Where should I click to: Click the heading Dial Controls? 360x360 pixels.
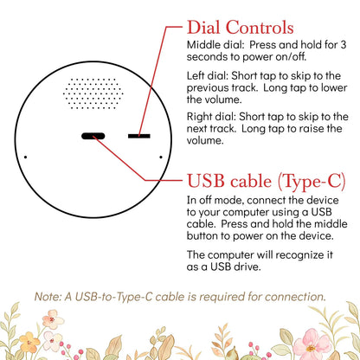(241, 28)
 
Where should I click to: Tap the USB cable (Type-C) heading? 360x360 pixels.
(267, 181)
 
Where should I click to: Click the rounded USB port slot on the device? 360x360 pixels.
(93, 136)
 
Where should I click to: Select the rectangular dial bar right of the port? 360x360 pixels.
(139, 136)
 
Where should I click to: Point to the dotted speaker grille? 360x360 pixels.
(93, 93)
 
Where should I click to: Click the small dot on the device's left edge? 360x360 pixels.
(26, 157)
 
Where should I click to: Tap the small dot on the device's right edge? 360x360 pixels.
(161, 157)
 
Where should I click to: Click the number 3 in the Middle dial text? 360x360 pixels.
(343, 45)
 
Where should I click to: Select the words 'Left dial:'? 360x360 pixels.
(208, 76)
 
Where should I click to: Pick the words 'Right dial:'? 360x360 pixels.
(211, 117)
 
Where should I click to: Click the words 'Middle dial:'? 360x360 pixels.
(215, 45)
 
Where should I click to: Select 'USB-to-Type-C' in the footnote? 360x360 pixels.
(113, 297)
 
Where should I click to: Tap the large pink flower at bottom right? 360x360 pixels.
(311, 345)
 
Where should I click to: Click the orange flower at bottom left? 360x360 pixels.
(29, 343)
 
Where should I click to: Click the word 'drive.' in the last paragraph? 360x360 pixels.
(247, 267)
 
